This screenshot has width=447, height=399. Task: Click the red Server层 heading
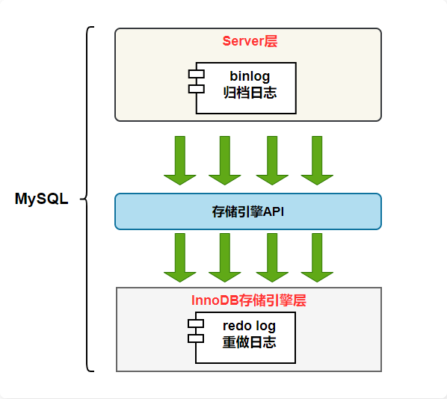pyautogui.click(x=250, y=41)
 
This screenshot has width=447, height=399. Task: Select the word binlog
pyautogui.click(x=250, y=76)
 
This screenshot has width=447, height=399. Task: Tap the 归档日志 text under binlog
pyautogui.click(x=250, y=93)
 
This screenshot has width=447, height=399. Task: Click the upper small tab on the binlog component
pyautogui.click(x=196, y=74)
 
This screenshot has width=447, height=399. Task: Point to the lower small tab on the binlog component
pyautogui.click(x=196, y=89)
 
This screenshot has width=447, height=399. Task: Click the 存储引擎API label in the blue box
pyautogui.click(x=248, y=212)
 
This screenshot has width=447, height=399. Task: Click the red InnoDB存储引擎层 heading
pyautogui.click(x=249, y=300)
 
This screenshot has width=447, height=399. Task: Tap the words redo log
pyautogui.click(x=249, y=326)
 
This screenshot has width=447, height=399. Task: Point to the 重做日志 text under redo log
pyautogui.click(x=249, y=343)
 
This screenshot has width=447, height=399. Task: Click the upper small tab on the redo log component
pyautogui.click(x=196, y=324)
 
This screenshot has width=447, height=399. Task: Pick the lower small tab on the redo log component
pyautogui.click(x=196, y=338)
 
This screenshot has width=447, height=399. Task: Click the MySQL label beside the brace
pyautogui.click(x=42, y=199)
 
